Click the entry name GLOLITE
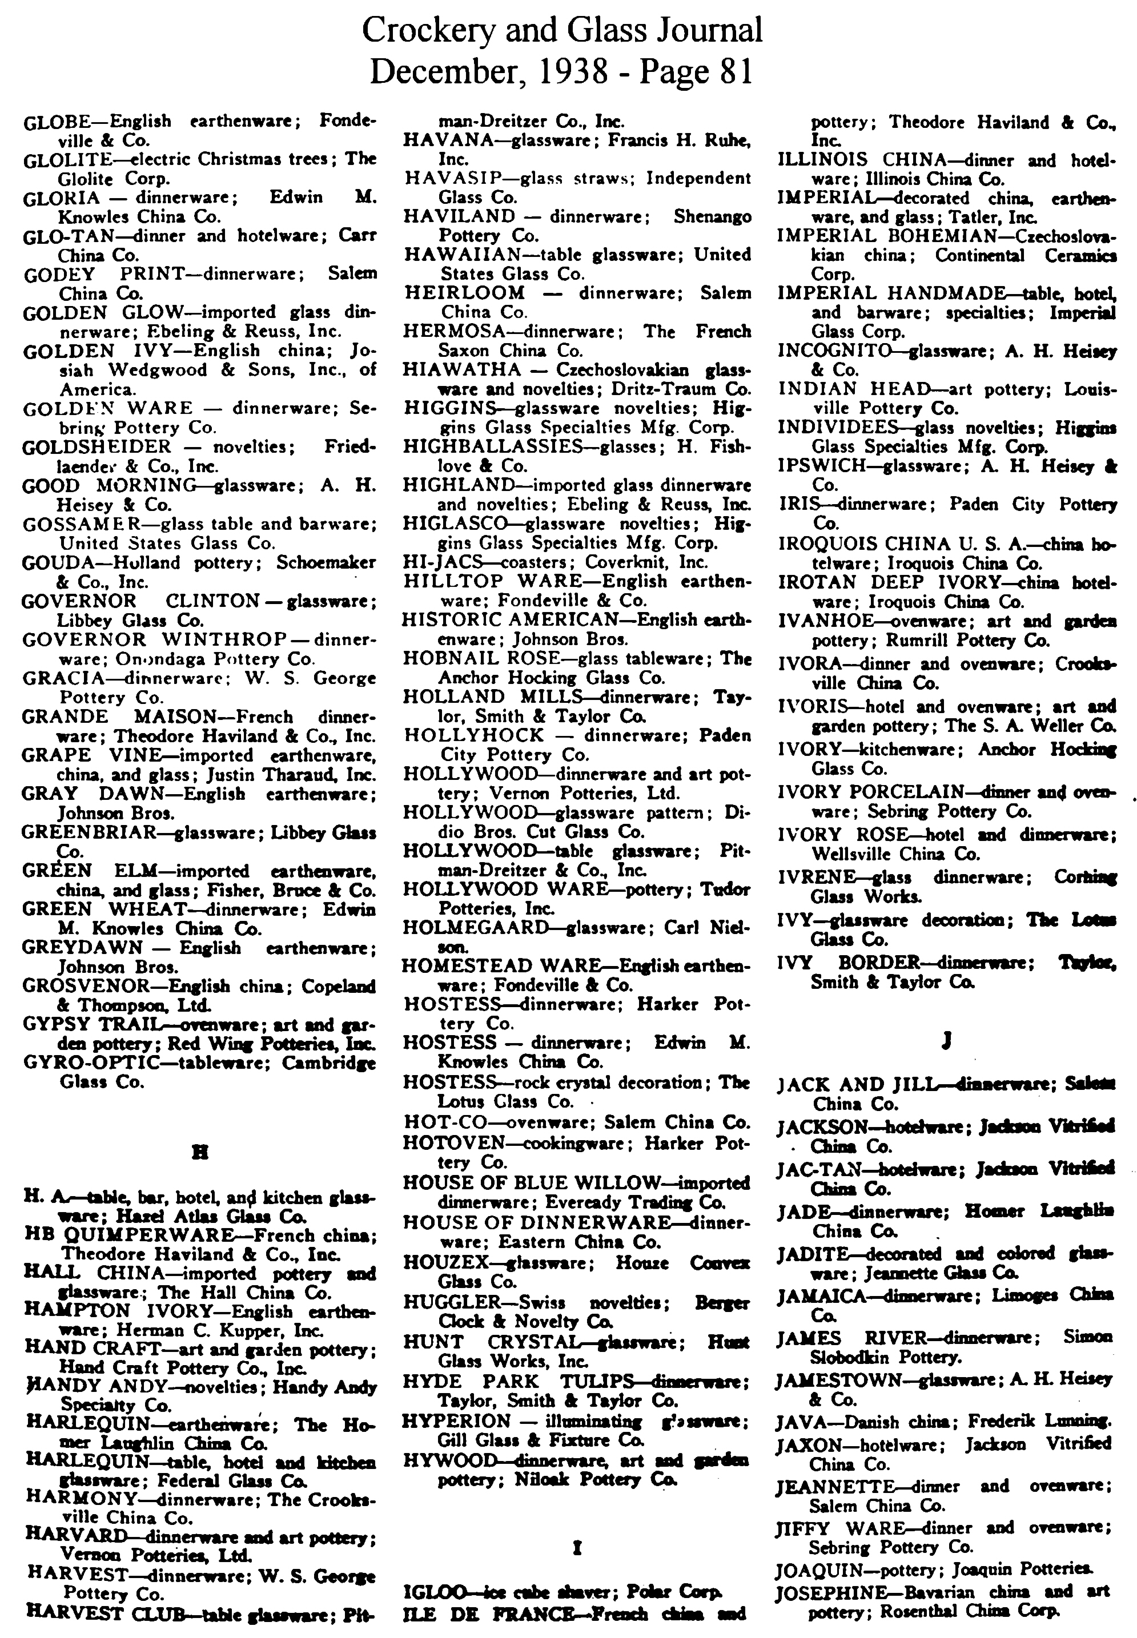[63, 159]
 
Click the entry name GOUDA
[58, 562]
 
